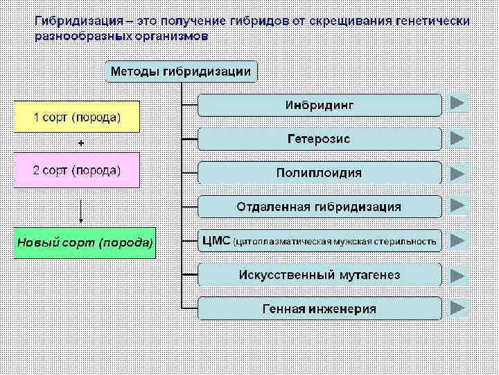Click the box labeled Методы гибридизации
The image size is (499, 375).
[181, 71]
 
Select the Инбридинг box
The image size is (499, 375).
[319, 105]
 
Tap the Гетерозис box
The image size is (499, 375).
[319, 139]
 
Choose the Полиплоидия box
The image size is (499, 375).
[319, 172]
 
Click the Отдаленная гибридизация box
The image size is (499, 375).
[319, 206]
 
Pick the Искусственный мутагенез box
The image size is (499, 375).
[319, 274]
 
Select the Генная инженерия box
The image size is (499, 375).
[319, 308]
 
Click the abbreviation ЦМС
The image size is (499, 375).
[216, 241]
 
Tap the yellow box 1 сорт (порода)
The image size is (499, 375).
[77, 117]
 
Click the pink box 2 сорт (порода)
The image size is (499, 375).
[77, 169]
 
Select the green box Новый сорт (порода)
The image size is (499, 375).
[85, 243]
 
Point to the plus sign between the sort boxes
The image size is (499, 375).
[81, 143]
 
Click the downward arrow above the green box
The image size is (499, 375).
[81, 211]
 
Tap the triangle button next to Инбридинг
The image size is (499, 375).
[457, 103]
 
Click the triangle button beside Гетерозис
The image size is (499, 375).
[457, 138]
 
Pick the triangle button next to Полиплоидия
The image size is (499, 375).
[457, 172]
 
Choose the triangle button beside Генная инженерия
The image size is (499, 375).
[457, 308]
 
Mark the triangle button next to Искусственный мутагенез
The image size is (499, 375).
[457, 274]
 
